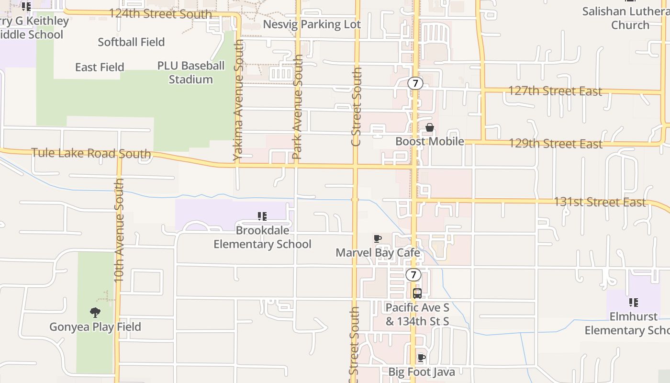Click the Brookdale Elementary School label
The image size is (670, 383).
coord(262,237)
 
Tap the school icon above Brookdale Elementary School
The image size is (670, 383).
coord(262,217)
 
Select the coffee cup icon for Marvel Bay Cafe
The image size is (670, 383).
coord(378,238)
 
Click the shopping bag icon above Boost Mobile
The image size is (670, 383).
coord(430,127)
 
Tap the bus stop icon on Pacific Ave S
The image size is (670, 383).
coord(417,293)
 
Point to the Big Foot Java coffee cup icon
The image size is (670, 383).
coord(421,358)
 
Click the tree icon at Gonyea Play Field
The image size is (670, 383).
coord(95,313)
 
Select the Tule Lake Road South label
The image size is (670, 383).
coord(91,154)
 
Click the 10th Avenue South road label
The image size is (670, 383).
coord(119,230)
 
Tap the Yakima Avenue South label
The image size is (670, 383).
coord(238,100)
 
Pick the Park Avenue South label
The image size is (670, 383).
coord(298,106)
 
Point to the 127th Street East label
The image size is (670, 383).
coord(555,90)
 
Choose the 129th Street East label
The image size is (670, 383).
coord(555,143)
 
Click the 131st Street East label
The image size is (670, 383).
coord(600,202)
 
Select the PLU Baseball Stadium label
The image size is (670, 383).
coord(191,72)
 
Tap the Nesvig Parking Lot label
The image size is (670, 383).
coord(312,24)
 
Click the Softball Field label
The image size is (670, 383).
coord(131,42)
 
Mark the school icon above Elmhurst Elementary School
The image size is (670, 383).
coord(633,303)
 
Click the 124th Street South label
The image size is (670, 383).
coord(160,13)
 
